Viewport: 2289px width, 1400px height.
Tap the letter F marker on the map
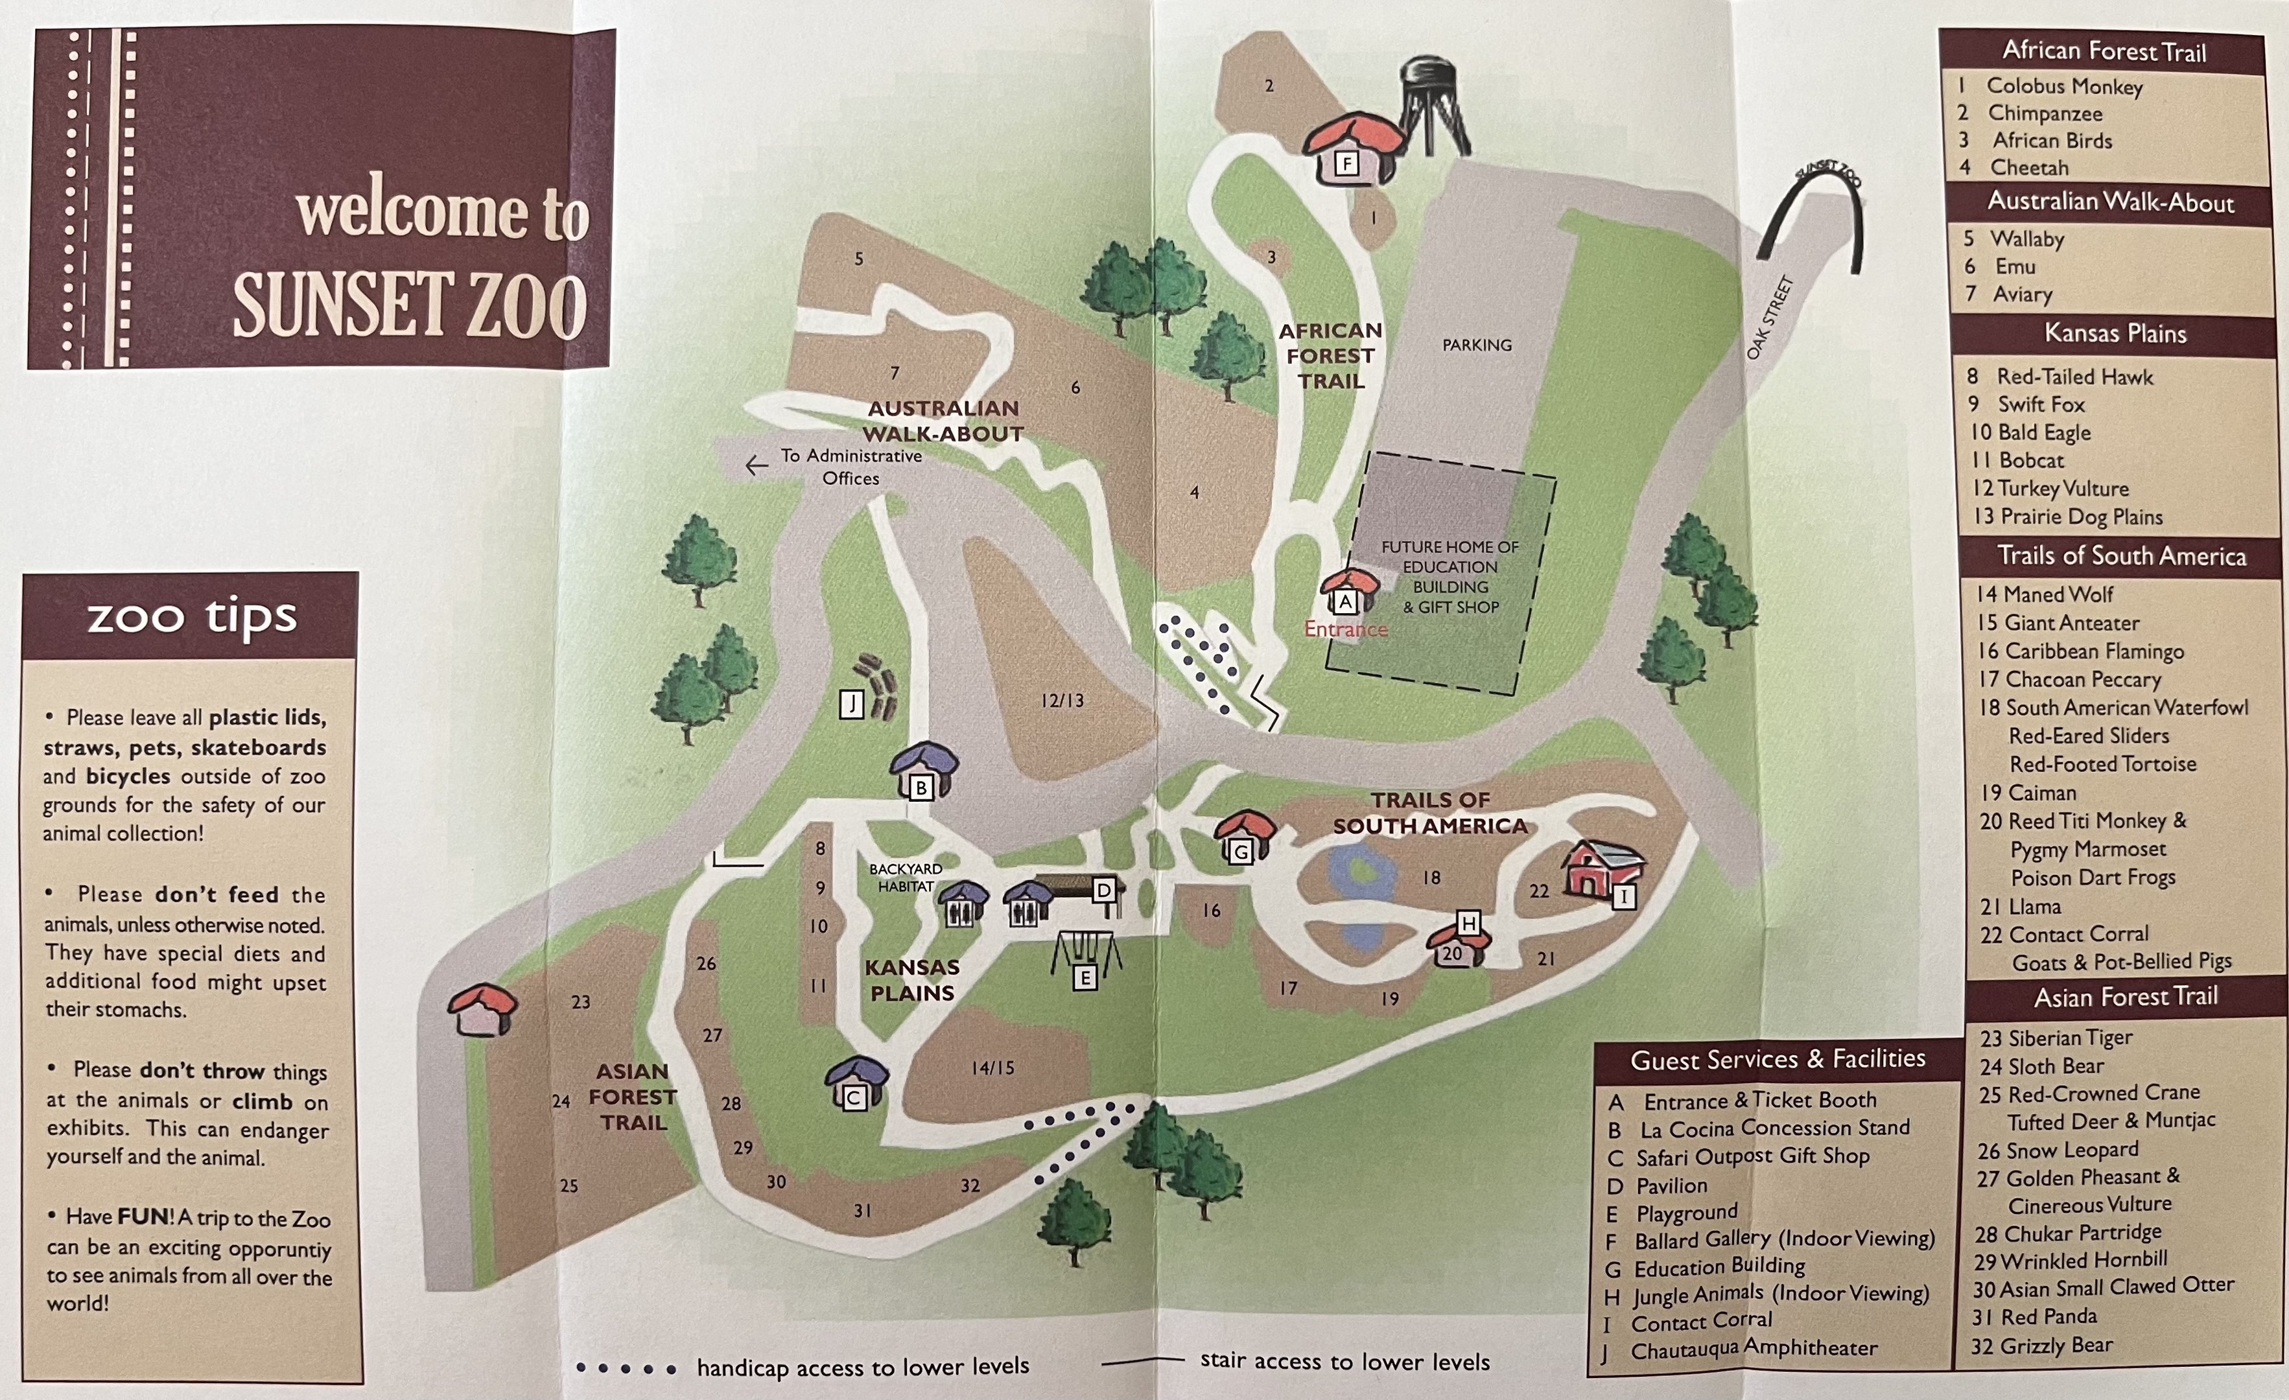click(1346, 165)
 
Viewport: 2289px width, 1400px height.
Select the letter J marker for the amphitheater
click(852, 704)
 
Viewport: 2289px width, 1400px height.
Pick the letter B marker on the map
click(921, 787)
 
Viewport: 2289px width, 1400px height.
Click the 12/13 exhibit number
click(1062, 701)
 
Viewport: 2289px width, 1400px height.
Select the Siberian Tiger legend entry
click(2055, 1038)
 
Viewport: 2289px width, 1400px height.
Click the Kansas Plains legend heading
click(2115, 334)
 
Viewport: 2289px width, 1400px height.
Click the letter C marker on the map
click(854, 1098)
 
